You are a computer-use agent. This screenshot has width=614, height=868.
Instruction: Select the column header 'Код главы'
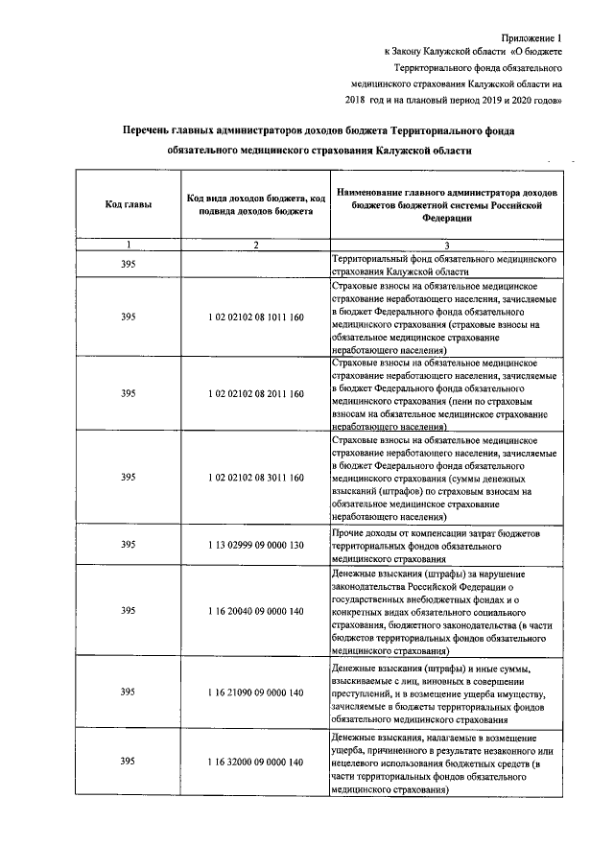(x=128, y=205)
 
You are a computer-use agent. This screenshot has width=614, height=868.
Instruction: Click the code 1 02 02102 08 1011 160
(x=256, y=317)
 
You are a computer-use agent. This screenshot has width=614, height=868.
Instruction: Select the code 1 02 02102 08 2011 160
(x=256, y=394)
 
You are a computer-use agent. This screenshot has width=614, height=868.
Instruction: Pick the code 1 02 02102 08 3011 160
(x=256, y=477)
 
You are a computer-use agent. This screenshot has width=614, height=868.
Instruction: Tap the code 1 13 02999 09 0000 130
(x=256, y=544)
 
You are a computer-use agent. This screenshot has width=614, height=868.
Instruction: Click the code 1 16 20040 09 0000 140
(x=256, y=610)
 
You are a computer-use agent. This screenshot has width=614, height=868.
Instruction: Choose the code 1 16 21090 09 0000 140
(x=256, y=692)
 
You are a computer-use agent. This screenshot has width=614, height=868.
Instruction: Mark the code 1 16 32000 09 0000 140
(x=256, y=762)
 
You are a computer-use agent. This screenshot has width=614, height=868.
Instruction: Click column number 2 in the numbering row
(x=256, y=246)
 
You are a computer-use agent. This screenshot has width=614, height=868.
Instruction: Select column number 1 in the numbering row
(x=128, y=246)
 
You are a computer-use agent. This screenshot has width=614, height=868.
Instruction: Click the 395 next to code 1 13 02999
(x=128, y=544)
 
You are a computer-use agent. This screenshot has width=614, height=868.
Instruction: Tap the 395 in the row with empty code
(x=128, y=265)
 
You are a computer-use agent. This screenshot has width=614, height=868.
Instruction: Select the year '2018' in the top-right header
(x=357, y=99)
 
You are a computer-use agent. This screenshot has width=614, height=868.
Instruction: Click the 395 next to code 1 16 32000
(x=128, y=762)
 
